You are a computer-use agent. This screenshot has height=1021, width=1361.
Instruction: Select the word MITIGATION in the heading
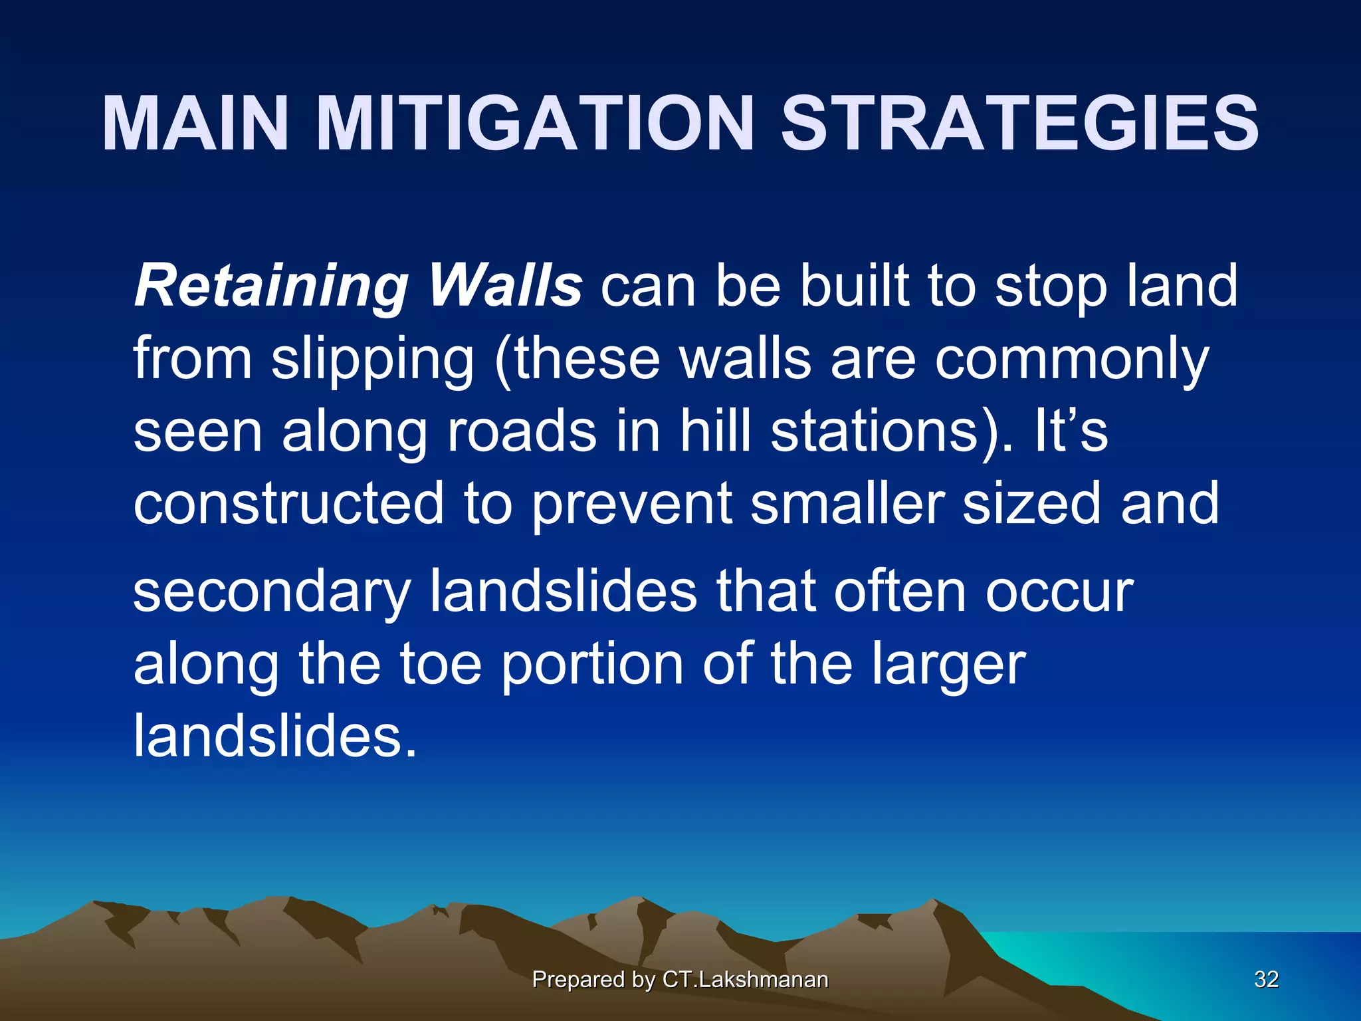click(536, 124)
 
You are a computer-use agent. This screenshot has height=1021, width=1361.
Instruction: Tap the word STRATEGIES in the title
click(1019, 124)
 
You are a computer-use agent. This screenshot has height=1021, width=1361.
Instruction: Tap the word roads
click(522, 431)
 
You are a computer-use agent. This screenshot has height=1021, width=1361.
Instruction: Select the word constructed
click(288, 503)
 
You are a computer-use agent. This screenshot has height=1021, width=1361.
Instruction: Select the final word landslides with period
click(275, 736)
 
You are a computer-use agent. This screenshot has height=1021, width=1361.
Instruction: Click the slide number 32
click(1266, 979)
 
